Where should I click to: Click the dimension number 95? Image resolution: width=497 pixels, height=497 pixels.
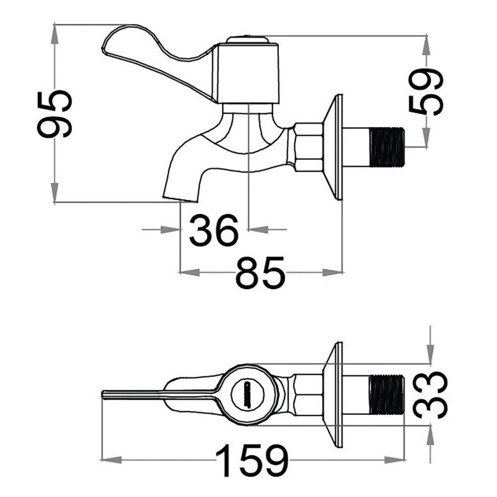[55, 114]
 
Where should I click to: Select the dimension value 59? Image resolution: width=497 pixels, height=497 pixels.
[425, 91]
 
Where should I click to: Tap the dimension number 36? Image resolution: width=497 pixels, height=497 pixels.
[214, 231]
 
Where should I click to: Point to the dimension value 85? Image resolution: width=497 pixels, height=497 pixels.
[260, 272]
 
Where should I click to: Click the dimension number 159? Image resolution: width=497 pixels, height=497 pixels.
[252, 460]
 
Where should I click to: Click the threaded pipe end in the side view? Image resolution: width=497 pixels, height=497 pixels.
[387, 147]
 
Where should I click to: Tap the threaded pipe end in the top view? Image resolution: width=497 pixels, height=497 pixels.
[387, 395]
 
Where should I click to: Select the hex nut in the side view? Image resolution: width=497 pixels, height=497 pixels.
[309, 147]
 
